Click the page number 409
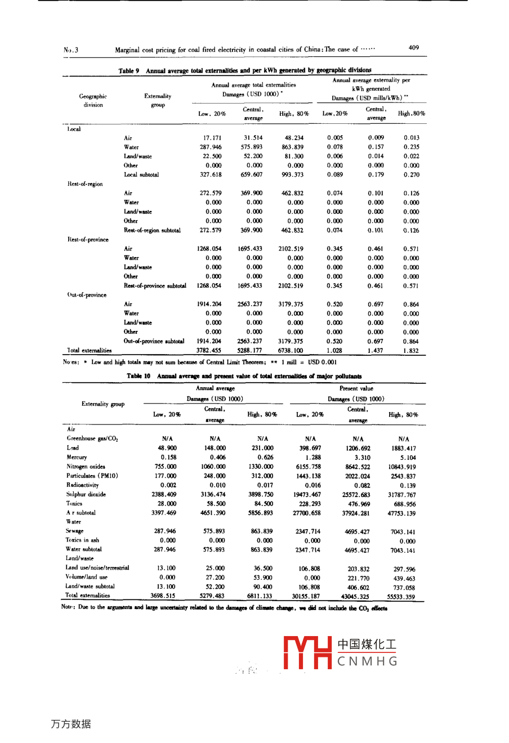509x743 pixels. coord(413,48)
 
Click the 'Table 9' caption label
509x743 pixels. coord(129,71)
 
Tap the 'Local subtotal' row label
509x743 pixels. coord(141,174)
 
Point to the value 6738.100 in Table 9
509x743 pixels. coord(290,350)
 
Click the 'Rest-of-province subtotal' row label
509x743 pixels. coord(155,285)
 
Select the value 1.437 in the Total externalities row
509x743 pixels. coord(376,350)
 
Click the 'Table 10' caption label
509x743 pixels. coord(139,376)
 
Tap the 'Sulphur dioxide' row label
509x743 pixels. coord(86,494)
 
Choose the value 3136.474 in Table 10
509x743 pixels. coord(214,495)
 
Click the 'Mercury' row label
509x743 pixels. coord(77,457)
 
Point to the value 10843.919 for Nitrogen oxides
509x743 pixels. coord(401,467)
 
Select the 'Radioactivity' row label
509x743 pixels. coord(83,485)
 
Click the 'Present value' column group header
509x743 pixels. coord(356,388)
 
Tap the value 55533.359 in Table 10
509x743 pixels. coord(401,597)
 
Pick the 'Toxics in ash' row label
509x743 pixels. coord(82,540)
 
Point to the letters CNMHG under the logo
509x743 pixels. coord(367,661)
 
